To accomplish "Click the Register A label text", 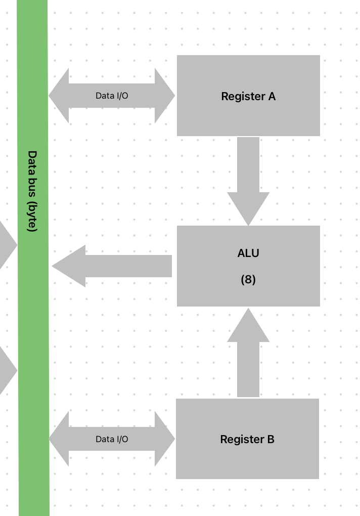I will click(248, 96).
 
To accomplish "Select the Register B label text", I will click(247, 440).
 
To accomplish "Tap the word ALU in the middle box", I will click(248, 253).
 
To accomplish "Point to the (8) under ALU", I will click(248, 279).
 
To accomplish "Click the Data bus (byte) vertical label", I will click(32, 191).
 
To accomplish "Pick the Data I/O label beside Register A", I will click(112, 96).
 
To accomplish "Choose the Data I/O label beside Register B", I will click(112, 439).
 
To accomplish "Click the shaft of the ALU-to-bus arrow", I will click(129, 266).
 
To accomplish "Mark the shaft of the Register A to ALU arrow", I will click(248, 164).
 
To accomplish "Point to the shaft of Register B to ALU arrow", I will click(248, 369).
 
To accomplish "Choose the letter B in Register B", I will click(271, 440).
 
